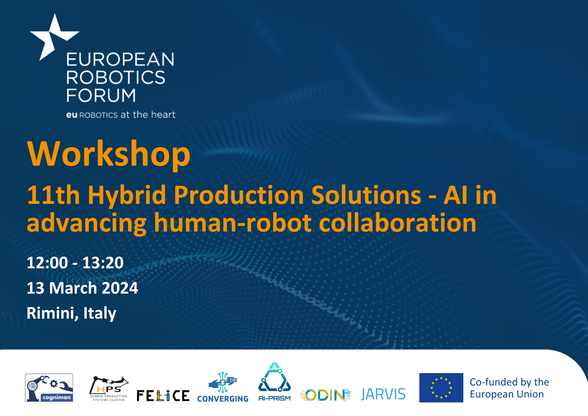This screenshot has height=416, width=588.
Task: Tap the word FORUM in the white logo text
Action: pyautogui.click(x=101, y=95)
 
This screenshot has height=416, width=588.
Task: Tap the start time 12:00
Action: pyautogui.click(x=47, y=263)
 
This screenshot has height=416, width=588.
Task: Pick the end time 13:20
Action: pyautogui.click(x=103, y=263)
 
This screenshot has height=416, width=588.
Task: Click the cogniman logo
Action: pyautogui.click(x=49, y=388)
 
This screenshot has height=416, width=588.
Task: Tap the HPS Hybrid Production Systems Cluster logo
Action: pyautogui.click(x=109, y=389)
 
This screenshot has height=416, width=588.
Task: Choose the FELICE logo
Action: pyautogui.click(x=163, y=396)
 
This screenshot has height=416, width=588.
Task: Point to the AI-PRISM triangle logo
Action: pyautogui.click(x=274, y=382)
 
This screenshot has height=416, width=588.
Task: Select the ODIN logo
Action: pyautogui.click(x=325, y=395)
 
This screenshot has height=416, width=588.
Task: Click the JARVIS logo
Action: pyautogui.click(x=383, y=394)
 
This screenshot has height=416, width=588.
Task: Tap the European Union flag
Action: pyautogui.click(x=441, y=388)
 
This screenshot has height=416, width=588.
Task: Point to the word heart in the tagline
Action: pyautogui.click(x=163, y=114)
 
